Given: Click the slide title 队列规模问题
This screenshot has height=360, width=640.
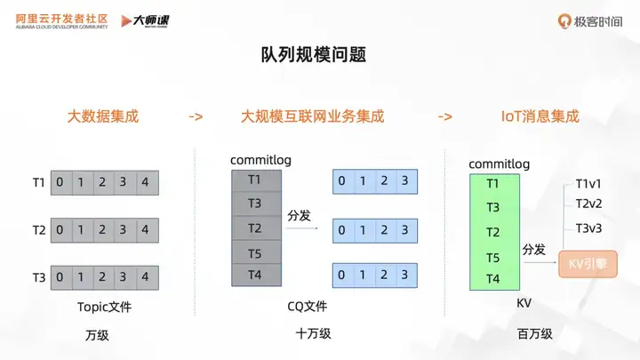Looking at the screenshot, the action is tap(319, 55).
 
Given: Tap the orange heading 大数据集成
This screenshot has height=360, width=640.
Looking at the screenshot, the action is tap(103, 116).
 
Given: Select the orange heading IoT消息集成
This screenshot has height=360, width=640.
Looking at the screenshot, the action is tap(534, 116).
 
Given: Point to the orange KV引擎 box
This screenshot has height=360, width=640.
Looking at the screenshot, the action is tap(588, 263).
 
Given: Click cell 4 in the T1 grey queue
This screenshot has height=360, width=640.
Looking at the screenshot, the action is tap(145, 183).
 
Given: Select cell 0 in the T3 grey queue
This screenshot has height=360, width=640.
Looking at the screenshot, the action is tap(60, 277).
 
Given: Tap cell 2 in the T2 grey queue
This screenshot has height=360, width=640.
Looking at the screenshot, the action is tap(102, 230).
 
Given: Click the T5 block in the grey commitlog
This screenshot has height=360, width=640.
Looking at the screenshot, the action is tap(254, 253).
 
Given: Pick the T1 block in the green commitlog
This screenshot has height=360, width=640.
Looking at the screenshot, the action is tap(492, 184).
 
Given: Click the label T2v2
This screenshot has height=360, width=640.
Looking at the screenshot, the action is tap(588, 204).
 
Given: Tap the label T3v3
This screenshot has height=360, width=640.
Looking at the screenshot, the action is tap(588, 228).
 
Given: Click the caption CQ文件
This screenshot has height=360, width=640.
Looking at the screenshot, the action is tap(308, 307).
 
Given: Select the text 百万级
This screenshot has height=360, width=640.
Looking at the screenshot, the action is tap(534, 335).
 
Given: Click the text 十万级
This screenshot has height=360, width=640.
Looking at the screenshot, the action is tap(313, 335).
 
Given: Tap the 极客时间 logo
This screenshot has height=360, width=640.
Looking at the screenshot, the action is tap(590, 20).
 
